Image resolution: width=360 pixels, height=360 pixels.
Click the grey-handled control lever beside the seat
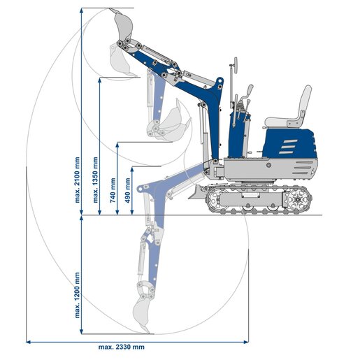[x=247, y=92]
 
